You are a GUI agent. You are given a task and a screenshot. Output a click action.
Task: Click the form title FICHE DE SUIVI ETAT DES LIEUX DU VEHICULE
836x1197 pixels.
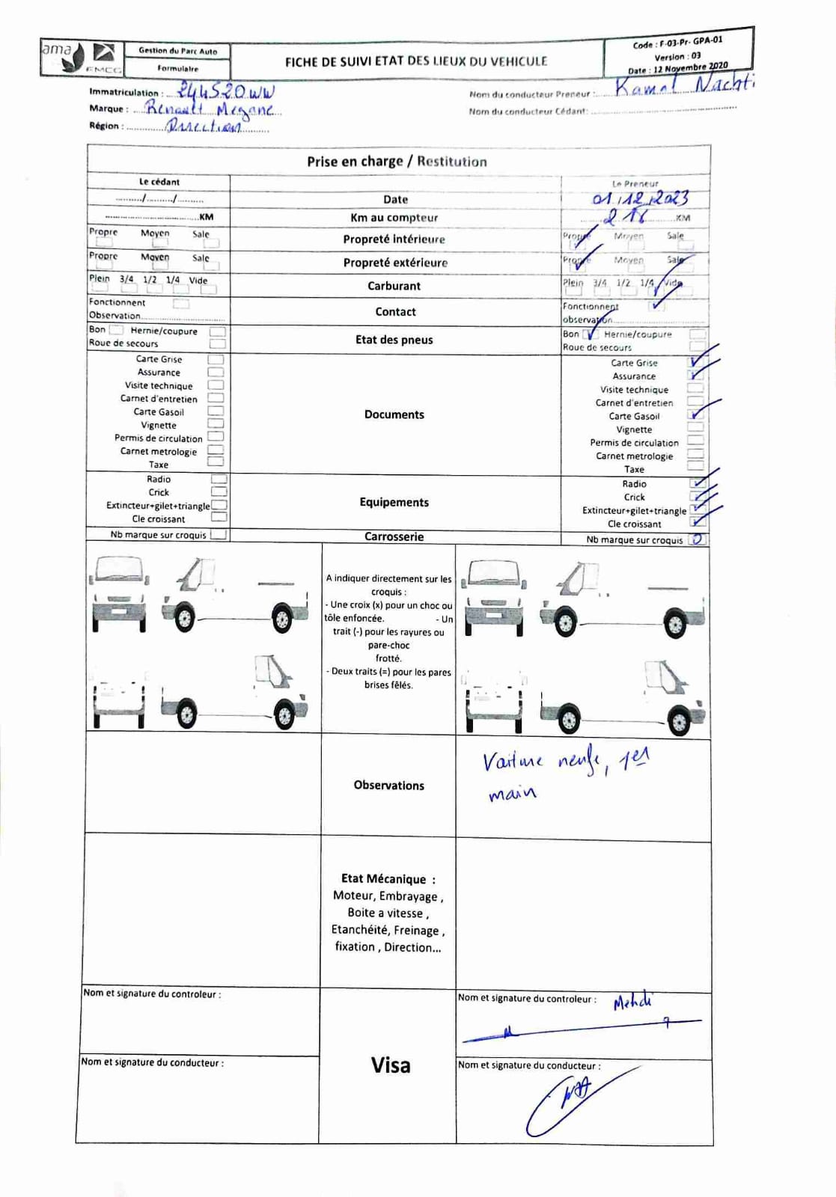[416, 61]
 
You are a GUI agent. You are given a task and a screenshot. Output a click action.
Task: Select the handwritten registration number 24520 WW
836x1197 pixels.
[225, 91]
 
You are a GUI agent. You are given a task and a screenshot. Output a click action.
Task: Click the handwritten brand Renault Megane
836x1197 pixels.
[211, 109]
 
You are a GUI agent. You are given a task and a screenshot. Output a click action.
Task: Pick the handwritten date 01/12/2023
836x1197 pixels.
[640, 198]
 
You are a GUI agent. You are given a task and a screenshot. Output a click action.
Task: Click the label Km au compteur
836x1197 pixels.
[394, 218]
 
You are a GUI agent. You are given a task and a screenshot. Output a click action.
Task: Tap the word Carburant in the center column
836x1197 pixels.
[394, 286]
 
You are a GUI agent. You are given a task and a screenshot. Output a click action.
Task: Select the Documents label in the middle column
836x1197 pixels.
[394, 414]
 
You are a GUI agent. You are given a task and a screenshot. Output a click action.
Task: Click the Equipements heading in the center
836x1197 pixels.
[394, 502]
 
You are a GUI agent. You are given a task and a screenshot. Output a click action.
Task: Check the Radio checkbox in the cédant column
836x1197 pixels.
[219, 479]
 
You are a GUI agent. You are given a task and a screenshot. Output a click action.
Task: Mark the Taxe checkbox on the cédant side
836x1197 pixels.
[216, 462]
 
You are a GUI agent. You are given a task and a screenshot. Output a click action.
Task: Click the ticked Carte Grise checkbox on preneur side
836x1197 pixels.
[696, 362]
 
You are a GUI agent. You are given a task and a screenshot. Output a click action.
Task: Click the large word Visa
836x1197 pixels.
[391, 1065]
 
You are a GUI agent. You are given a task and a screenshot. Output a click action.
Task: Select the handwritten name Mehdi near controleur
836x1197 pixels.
[632, 1002]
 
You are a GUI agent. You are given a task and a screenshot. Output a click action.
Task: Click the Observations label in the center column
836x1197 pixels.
[389, 785]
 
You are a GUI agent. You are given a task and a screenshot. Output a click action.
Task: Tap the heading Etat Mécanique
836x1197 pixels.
[388, 879]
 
